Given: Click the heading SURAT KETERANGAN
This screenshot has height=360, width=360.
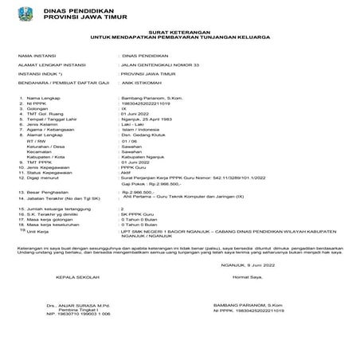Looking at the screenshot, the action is coord(179,31).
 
